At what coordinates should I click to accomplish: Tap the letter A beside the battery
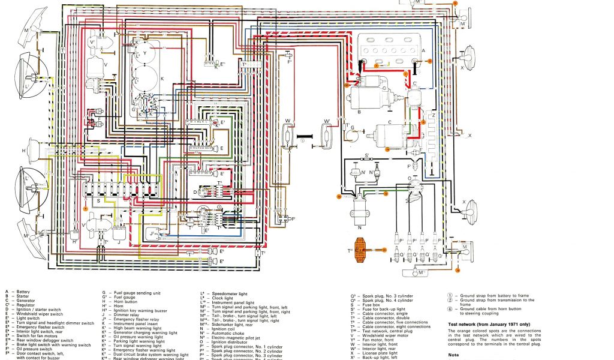[423, 51]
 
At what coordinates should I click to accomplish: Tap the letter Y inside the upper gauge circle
[145, 52]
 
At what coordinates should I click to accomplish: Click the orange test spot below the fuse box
[86, 206]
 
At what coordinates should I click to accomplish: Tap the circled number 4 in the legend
[450, 308]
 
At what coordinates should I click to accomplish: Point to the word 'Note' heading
[453, 355]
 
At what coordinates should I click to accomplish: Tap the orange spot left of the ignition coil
[339, 196]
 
